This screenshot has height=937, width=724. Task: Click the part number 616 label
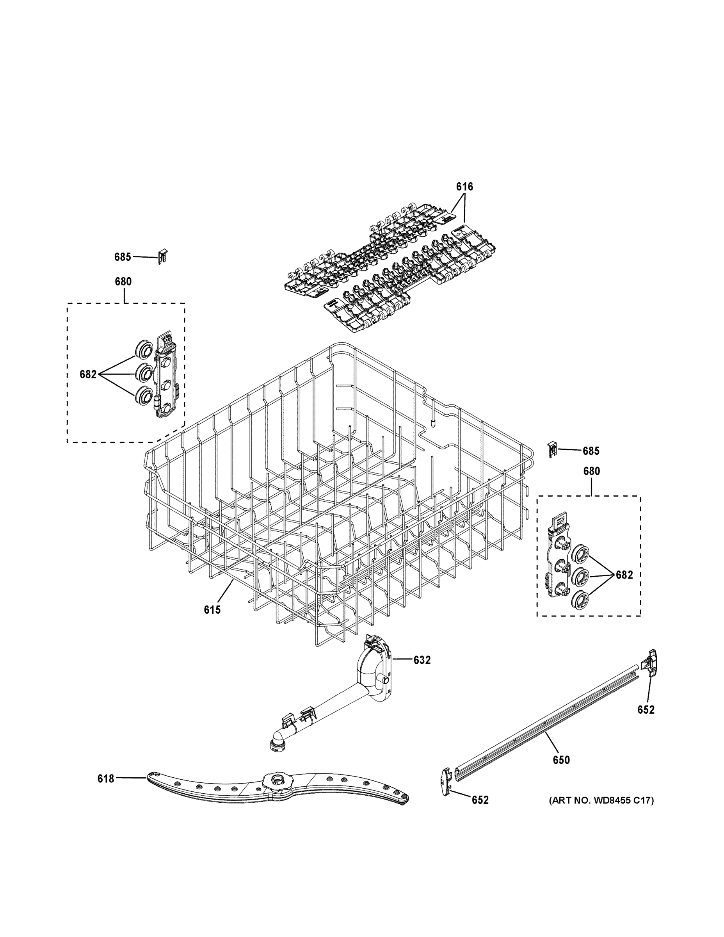point(464,187)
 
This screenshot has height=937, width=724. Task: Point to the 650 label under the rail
point(561,760)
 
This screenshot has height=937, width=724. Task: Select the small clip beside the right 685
point(552,449)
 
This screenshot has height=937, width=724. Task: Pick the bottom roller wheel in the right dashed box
point(580,599)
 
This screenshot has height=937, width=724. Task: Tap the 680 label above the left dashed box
point(123,282)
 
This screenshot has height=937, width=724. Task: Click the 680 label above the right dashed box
point(591,471)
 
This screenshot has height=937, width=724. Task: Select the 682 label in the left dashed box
point(88,374)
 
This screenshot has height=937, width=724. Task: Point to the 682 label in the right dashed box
point(624,575)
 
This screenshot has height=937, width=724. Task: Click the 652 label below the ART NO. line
point(480,800)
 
